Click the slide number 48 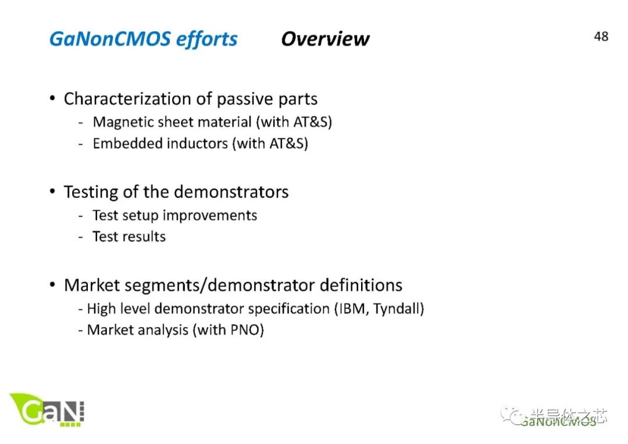[601, 37]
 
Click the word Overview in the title [325, 39]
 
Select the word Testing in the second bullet [91, 193]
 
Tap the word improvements [210, 216]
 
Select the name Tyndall [396, 309]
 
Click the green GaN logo [47, 410]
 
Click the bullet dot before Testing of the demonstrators [52, 191]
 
